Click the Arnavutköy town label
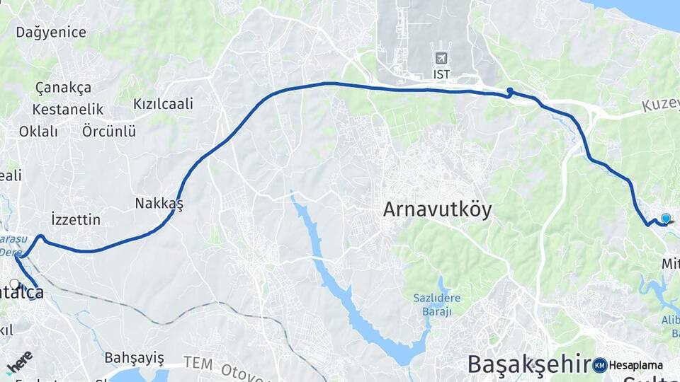[x=437, y=209]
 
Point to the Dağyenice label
[x=51, y=32]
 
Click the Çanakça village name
[x=64, y=88]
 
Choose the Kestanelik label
[x=68, y=110]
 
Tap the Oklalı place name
[x=38, y=132]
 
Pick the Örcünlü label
[x=108, y=132]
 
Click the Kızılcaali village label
[x=163, y=104]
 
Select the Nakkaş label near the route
[x=159, y=204]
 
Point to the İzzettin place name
[x=76, y=219]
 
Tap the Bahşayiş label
[x=134, y=357]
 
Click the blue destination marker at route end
[x=665, y=219]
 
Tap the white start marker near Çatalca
[x=15, y=284]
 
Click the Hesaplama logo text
[x=635, y=365]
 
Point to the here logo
[x=19, y=361]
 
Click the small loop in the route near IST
[x=510, y=91]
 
